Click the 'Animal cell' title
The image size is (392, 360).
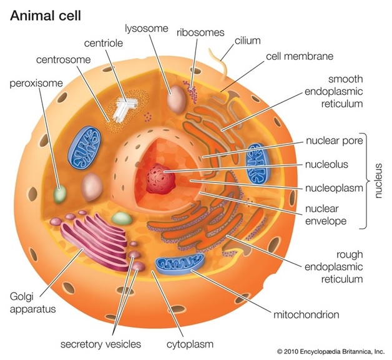pyautogui.click(x=46, y=16)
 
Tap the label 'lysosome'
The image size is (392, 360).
pyautogui.click(x=147, y=29)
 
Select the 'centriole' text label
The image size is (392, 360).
pyautogui.click(x=104, y=43)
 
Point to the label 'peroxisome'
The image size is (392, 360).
pyautogui.click(x=36, y=83)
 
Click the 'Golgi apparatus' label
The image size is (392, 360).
pyautogui.click(x=32, y=303)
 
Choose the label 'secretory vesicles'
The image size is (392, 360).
pyautogui.click(x=100, y=344)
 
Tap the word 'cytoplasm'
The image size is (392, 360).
pyautogui.click(x=190, y=344)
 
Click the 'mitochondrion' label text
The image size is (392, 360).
pyautogui.click(x=306, y=314)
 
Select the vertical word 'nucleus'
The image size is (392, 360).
pyautogui.click(x=379, y=181)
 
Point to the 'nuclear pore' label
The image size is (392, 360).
pyautogui.click(x=334, y=140)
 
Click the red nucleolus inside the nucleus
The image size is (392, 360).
pyautogui.click(x=160, y=178)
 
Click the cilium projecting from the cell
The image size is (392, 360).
pyautogui.click(x=218, y=63)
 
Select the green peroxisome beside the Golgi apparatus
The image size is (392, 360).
pyautogui.click(x=122, y=218)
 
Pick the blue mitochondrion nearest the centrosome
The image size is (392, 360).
pyautogui.click(x=84, y=147)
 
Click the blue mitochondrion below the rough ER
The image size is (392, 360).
pyautogui.click(x=180, y=263)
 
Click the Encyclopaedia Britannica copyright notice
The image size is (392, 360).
pyautogui.click(x=330, y=351)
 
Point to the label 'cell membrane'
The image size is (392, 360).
pyautogui.click(x=300, y=56)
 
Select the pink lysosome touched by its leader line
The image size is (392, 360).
pyautogui.click(x=177, y=99)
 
